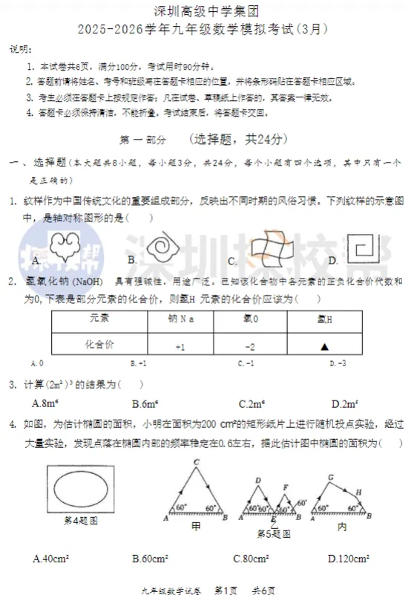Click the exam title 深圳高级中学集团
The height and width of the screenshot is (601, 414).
click(x=206, y=11)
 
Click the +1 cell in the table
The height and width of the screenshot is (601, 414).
click(x=180, y=346)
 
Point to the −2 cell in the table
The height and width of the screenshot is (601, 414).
click(x=250, y=346)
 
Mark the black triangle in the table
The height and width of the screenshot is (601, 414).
click(x=324, y=346)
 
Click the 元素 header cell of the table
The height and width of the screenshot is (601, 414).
click(x=99, y=319)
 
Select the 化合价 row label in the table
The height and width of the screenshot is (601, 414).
click(x=99, y=345)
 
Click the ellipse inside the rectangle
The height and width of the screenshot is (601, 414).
click(x=79, y=491)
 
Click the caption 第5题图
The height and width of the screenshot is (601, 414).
click(x=273, y=533)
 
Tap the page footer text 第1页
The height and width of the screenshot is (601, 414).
click(x=226, y=591)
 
